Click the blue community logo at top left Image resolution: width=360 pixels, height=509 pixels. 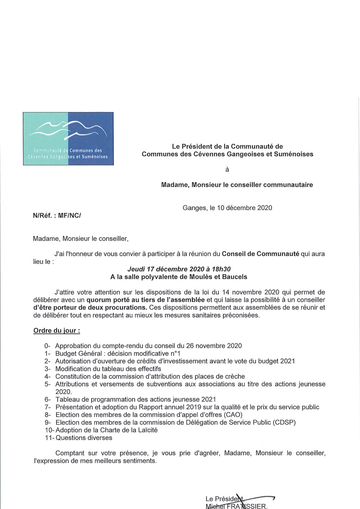(68, 139)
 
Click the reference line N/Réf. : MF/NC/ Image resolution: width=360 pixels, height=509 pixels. (57, 215)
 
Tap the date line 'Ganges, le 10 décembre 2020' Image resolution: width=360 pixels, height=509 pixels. (227, 208)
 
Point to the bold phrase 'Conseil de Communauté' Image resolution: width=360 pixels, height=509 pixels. (260, 254)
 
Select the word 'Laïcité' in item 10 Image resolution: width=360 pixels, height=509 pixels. (146, 430)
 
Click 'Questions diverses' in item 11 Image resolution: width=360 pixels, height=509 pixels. (84, 438)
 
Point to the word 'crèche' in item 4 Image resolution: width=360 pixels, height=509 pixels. (235, 377)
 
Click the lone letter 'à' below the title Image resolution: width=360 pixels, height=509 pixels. (227, 169)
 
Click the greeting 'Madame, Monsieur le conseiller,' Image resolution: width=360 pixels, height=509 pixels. (81, 239)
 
